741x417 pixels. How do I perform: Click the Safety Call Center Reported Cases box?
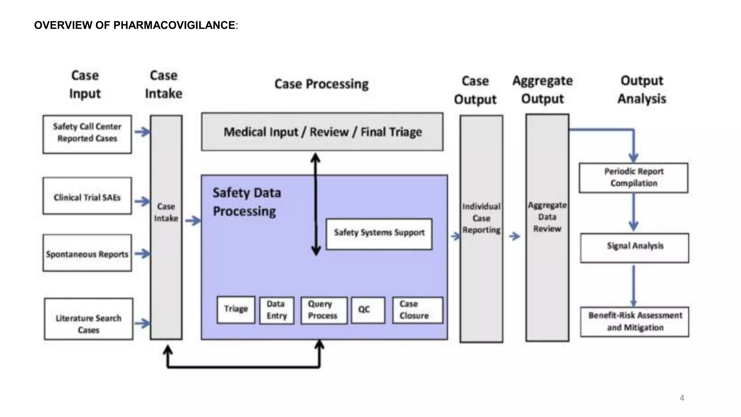coord(87,134)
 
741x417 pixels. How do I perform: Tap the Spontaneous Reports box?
coord(87,253)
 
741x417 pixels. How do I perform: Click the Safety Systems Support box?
coord(379,234)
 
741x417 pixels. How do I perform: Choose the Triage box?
coord(236,310)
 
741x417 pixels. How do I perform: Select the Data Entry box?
coord(277,310)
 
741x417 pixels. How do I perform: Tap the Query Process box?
coord(323,310)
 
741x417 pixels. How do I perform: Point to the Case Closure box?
coord(418,310)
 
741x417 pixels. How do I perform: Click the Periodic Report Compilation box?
coord(633,178)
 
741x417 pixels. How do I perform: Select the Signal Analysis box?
coord(635,248)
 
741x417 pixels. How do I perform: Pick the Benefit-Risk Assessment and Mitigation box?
coord(635,322)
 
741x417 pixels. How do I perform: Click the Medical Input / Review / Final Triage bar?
coord(322,132)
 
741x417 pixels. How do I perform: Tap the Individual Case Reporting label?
coord(481,218)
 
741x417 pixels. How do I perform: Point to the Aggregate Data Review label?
coord(547,217)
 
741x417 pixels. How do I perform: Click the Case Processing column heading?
coord(321,84)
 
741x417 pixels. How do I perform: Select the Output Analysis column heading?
coord(642,89)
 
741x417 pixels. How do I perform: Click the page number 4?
coord(682,398)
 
